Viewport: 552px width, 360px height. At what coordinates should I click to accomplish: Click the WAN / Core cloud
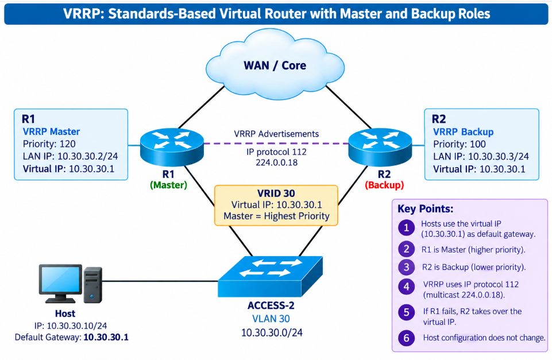275,64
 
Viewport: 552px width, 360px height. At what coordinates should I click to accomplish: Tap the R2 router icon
380,147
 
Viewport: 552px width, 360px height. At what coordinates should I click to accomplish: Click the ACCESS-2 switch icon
271,276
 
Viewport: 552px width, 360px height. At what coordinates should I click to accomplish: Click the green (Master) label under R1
169,185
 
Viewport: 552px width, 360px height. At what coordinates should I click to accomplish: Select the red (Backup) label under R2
384,185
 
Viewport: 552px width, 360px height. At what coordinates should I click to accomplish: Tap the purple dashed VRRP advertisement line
276,144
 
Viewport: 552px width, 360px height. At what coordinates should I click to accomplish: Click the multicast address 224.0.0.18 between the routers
277,162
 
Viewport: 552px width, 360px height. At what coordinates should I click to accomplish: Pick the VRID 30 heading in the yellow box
276,193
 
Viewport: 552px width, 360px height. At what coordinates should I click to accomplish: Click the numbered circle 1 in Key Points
406,228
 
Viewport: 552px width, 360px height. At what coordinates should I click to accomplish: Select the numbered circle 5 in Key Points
406,312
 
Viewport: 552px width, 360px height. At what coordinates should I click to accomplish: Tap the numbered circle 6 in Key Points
406,338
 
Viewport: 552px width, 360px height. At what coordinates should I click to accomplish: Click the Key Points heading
425,208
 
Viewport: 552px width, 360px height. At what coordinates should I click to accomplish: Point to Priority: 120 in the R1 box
49,144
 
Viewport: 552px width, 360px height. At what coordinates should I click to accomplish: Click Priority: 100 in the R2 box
460,144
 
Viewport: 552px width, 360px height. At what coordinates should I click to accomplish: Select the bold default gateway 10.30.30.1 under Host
106,337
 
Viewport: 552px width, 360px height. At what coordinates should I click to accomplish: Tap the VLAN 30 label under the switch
271,319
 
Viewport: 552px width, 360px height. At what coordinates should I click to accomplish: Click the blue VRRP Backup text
464,132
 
